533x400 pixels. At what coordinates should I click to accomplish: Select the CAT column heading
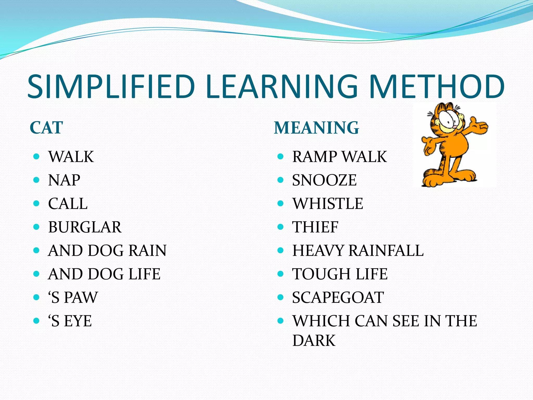tap(46, 128)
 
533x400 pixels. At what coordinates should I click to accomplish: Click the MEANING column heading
tap(316, 128)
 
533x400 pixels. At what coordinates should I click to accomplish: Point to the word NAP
tap(64, 180)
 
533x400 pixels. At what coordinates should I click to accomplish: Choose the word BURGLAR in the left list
tap(85, 227)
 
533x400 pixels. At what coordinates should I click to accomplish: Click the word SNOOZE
tap(324, 180)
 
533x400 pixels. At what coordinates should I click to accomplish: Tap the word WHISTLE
tap(328, 203)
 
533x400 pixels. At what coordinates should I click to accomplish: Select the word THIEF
tap(315, 227)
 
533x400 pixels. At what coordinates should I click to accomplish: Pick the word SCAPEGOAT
tap(338, 297)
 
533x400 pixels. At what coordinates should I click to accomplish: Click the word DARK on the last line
tap(314, 340)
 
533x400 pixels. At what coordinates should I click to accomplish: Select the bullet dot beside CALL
tap(36, 203)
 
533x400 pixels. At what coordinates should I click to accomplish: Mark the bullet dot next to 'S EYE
tap(36, 321)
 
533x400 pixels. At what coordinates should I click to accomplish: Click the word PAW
tap(81, 297)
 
